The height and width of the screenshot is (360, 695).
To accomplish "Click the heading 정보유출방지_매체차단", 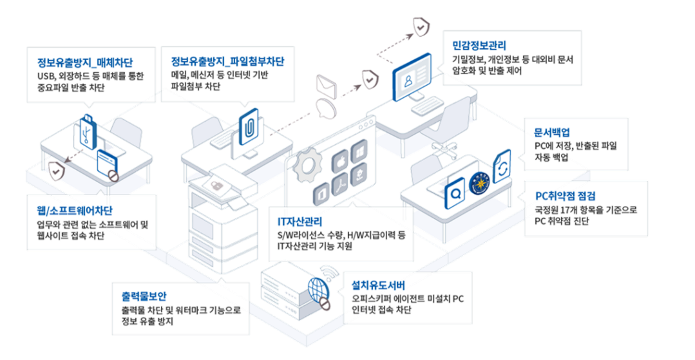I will coord(85,63).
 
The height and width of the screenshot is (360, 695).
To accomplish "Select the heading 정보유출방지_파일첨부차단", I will coord(227,62).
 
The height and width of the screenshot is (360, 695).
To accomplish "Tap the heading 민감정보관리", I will coord(479,46).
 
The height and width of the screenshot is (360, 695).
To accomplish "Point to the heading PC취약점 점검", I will coord(565,195).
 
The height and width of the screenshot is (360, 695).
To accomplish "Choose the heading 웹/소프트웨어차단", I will coord(75,211).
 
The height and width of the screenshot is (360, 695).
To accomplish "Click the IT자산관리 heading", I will coord(300,222).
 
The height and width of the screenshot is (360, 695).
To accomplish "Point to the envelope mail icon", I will coord(327,85).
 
